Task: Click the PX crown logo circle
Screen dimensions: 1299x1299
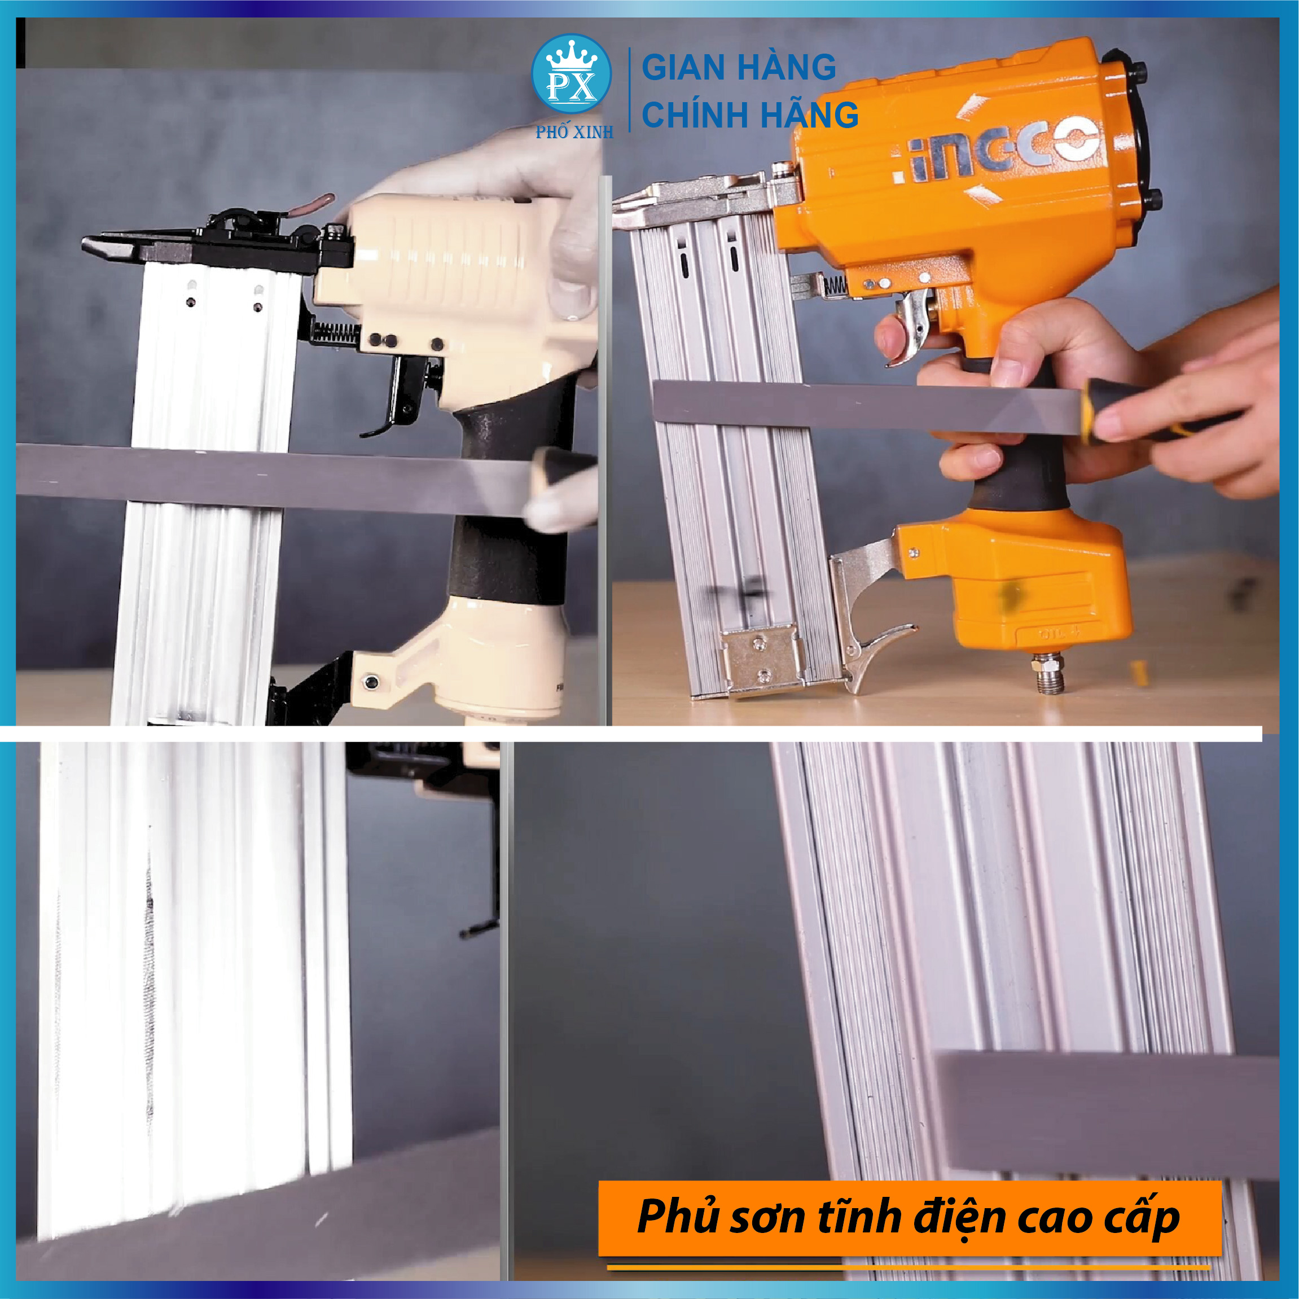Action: (x=572, y=74)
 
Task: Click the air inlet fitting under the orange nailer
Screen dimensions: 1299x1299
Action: (x=1050, y=673)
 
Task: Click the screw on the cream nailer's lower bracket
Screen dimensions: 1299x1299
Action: (x=370, y=682)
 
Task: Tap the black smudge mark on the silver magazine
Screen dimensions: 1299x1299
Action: (x=737, y=594)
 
